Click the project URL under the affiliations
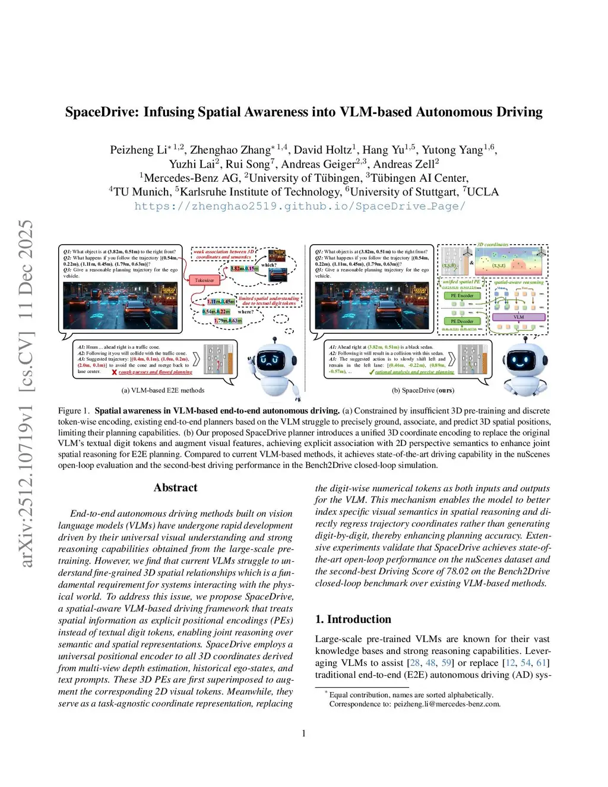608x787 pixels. point(300,206)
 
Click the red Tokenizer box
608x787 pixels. point(204,280)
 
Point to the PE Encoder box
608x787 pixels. point(461,295)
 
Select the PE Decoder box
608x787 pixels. point(461,321)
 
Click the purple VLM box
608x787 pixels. point(518,317)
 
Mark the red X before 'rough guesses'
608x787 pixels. point(115,372)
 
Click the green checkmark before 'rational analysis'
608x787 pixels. point(371,372)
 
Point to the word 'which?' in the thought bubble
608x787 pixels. point(268,266)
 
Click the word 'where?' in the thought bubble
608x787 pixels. point(245,311)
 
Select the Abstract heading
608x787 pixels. point(175,488)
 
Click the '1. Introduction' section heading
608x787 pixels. point(353,620)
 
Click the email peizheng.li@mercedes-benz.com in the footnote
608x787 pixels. point(447,704)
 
